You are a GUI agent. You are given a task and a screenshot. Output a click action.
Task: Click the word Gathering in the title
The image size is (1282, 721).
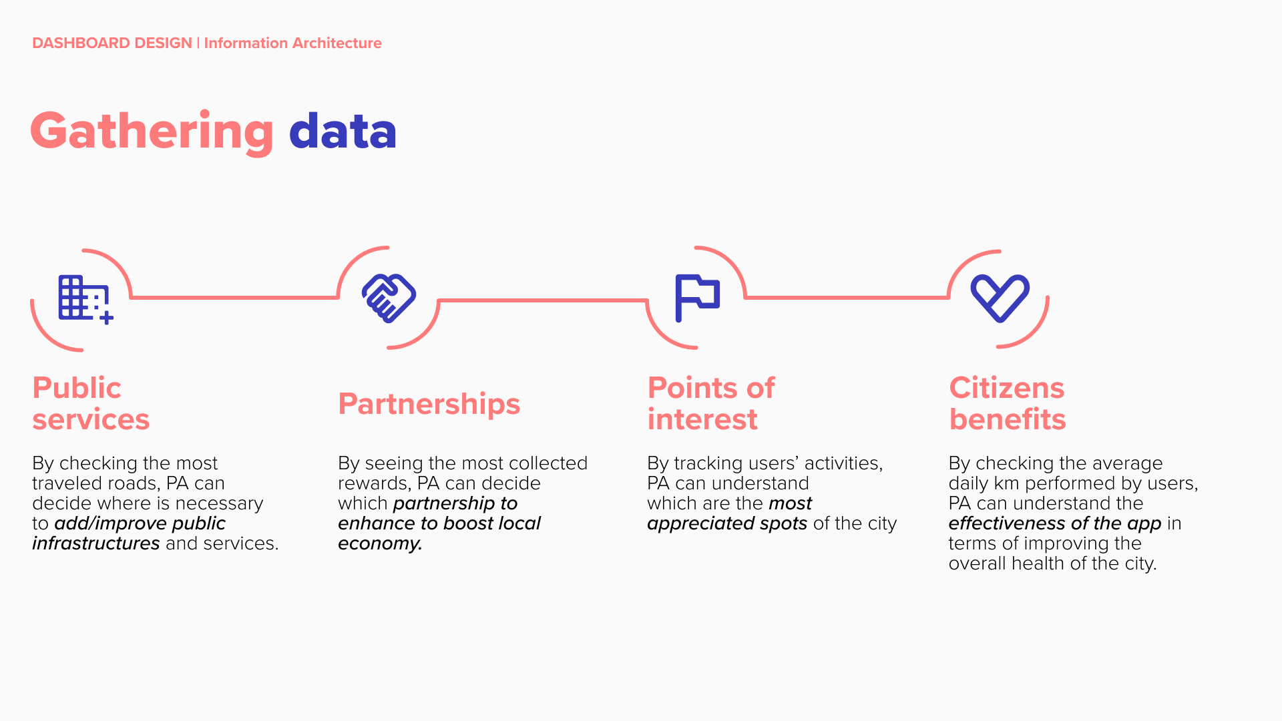click(152, 132)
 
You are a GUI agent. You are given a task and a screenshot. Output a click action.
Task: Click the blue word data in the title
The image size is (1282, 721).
click(343, 130)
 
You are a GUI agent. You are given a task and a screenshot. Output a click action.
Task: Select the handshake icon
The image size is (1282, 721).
click(389, 298)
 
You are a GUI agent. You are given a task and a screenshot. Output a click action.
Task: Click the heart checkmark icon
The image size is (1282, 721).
click(1000, 298)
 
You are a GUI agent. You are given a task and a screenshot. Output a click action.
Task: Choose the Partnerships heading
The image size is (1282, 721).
click(429, 404)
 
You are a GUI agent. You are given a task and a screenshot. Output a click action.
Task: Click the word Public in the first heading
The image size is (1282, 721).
click(77, 388)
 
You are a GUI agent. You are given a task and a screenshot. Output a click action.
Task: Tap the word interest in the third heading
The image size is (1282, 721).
click(702, 419)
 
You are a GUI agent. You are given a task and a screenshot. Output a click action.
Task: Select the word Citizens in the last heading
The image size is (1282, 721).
click(1007, 388)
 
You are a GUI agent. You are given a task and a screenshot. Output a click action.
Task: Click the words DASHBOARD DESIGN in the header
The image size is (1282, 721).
click(112, 43)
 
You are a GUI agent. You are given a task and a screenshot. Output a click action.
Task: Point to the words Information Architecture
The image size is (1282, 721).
click(293, 43)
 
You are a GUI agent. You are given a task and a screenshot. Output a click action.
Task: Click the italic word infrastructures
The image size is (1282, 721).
click(96, 543)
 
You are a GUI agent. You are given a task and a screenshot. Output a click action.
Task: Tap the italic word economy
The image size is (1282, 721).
click(380, 544)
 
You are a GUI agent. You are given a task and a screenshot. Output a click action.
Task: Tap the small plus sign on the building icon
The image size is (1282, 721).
click(106, 318)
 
